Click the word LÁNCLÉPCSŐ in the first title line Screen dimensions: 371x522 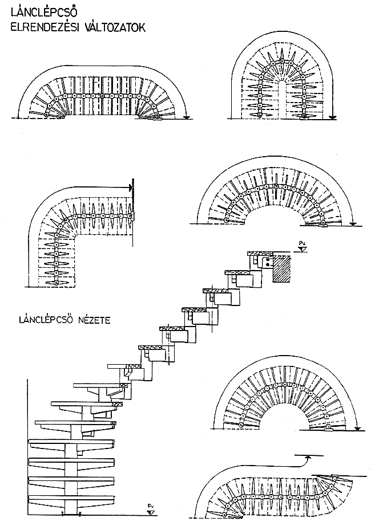pyautogui.click(x=45, y=13)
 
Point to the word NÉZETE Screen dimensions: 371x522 pyautogui.click(x=94, y=320)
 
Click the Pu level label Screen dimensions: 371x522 pyautogui.click(x=302, y=243)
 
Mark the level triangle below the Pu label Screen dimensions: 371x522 pyautogui.click(x=303, y=248)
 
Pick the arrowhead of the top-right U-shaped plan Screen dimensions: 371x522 pyautogui.click(x=332, y=117)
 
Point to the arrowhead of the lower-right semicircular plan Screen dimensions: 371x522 pyautogui.click(x=357, y=429)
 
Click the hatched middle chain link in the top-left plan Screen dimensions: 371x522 pyautogui.click(x=102, y=96)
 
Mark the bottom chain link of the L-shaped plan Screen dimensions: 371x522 pyautogui.click(x=57, y=283)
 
